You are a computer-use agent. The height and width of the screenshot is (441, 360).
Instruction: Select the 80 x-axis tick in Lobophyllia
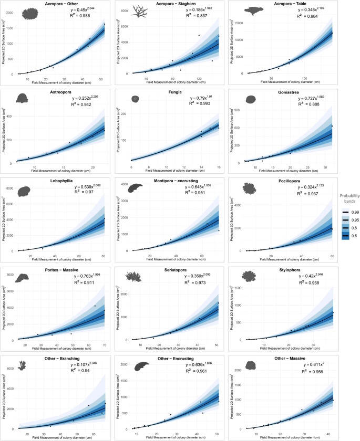(x=104, y=256)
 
